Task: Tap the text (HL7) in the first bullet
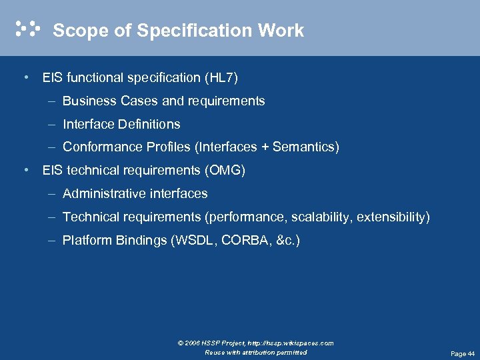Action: (x=221, y=78)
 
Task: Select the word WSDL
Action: (x=193, y=241)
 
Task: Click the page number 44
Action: (x=471, y=354)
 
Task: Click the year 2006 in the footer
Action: (x=193, y=343)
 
